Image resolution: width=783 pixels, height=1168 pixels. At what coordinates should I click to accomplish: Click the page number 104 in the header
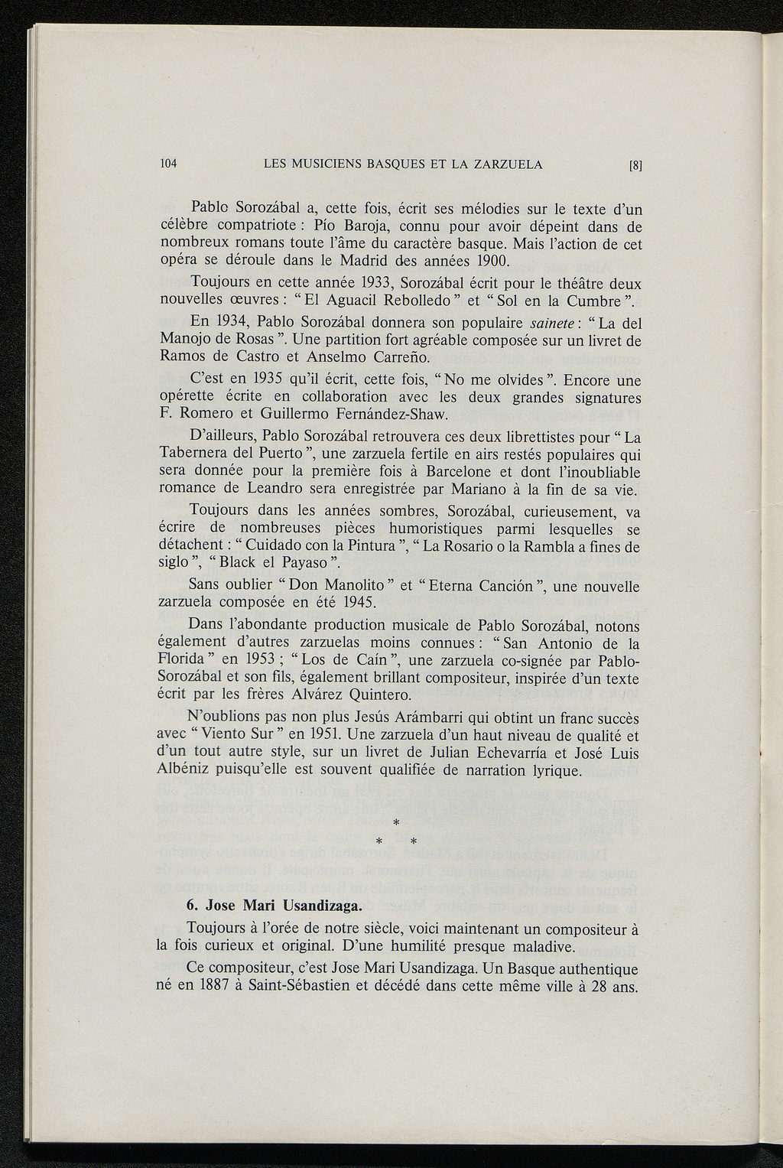click(168, 164)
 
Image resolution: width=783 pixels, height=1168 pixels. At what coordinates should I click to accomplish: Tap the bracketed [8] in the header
click(634, 164)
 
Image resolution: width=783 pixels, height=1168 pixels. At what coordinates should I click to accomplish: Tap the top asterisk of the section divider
click(395, 823)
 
